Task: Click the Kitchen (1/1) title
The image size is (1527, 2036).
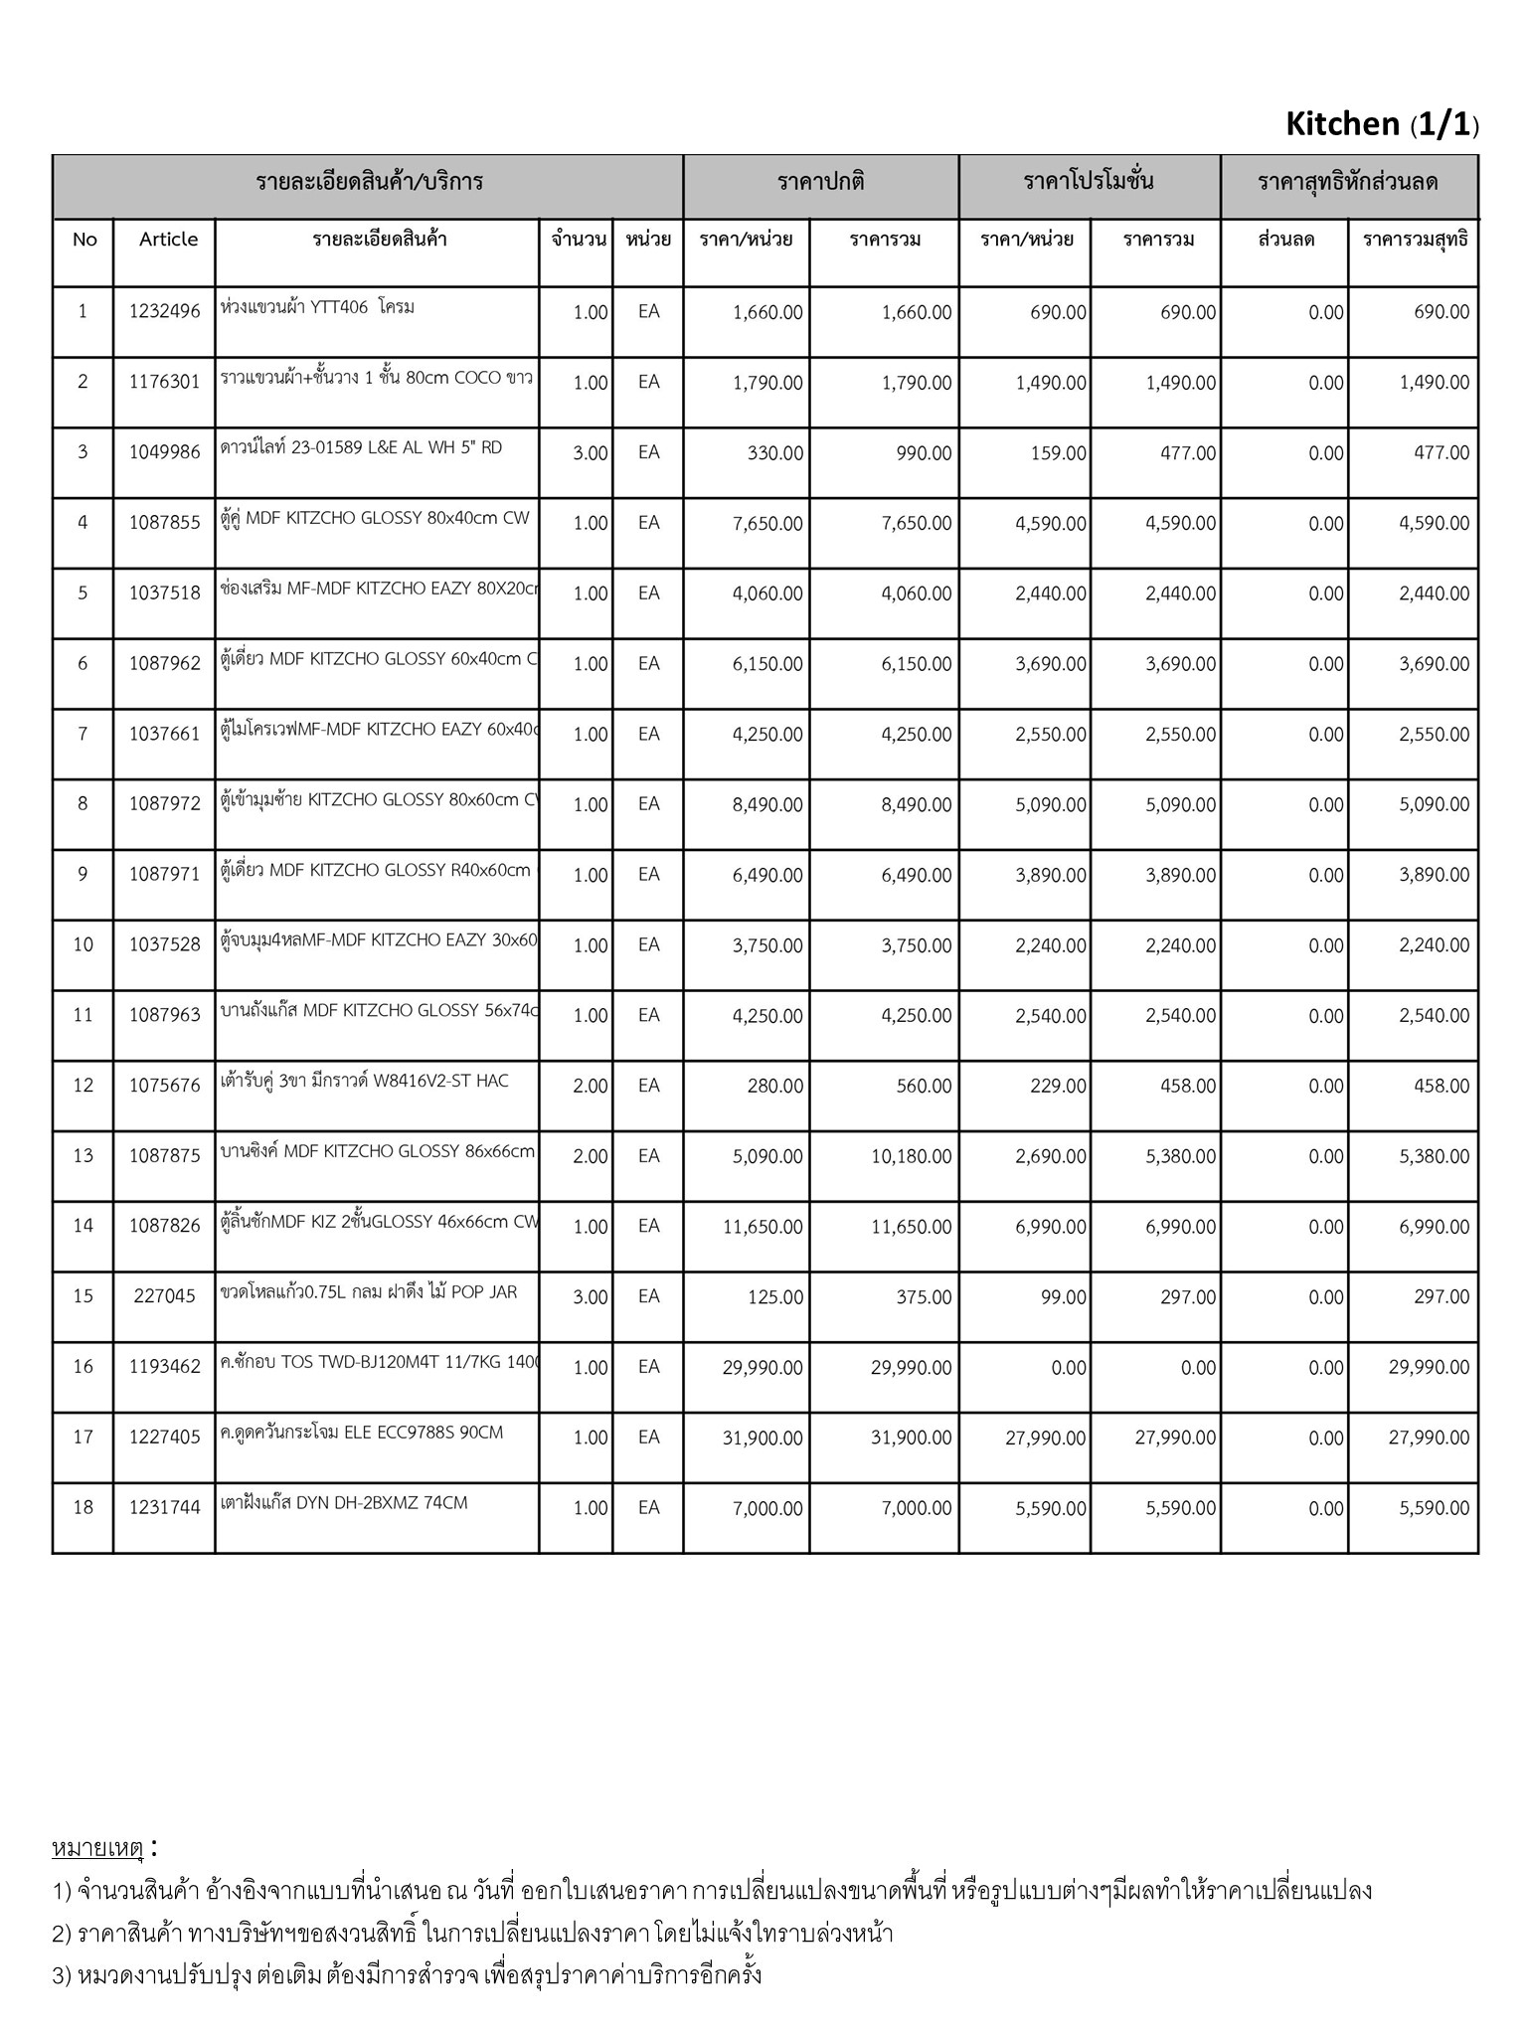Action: (1382, 124)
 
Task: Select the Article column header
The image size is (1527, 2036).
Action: (168, 240)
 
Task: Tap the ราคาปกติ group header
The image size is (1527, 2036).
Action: (820, 182)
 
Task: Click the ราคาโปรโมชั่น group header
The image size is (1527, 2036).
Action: (1089, 182)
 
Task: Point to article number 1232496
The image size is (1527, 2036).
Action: (164, 312)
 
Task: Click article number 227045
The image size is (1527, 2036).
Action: (164, 1296)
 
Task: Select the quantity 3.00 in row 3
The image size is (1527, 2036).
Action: (590, 453)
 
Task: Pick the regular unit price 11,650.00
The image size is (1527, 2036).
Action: (763, 1227)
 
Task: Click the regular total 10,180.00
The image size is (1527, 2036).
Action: (911, 1156)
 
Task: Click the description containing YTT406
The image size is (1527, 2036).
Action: (317, 307)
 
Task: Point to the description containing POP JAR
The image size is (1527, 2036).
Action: (369, 1292)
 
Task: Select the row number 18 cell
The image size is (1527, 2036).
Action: (83, 1508)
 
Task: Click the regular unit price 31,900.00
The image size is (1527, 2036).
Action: (763, 1438)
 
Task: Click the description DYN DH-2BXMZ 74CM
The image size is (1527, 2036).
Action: (343, 1503)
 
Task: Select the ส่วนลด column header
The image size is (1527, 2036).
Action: (1285, 240)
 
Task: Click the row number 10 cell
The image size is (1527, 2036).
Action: (83, 945)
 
